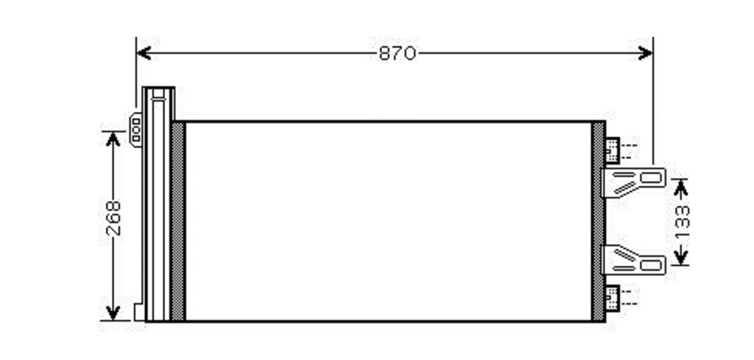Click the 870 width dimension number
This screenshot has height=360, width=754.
click(397, 53)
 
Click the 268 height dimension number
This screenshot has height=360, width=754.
click(114, 218)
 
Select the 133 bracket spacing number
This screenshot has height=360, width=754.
click(681, 222)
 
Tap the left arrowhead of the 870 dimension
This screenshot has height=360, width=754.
click(144, 53)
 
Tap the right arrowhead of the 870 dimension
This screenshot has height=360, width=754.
click(645, 53)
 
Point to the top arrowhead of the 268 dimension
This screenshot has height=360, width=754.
click(113, 139)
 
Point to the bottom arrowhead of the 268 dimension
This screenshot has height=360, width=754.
click(113, 312)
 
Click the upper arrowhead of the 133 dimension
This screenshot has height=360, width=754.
click(680, 187)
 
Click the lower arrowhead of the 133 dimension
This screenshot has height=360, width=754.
click(680, 257)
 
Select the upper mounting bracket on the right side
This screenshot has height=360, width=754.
click(633, 183)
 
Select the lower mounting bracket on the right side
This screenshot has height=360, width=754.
click(633, 260)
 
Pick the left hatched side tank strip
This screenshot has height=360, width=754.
click(178, 221)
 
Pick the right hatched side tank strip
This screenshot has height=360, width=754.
click(598, 221)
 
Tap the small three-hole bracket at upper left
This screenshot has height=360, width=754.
click(136, 130)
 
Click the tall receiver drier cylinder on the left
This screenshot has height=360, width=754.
click(158, 204)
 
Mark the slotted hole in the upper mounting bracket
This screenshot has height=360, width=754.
click(650, 178)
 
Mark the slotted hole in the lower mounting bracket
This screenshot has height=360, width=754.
click(650, 265)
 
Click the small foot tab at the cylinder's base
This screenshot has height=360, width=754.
click(139, 312)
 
